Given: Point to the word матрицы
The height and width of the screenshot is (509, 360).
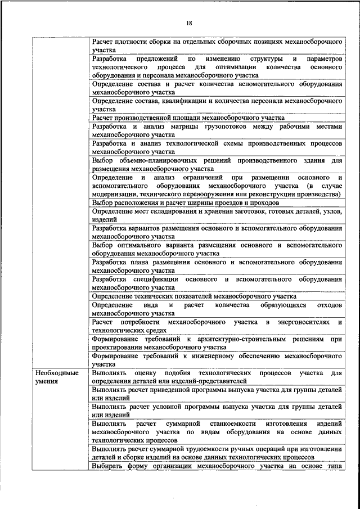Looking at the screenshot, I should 182,127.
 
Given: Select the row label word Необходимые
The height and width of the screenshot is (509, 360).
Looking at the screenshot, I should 56,373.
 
